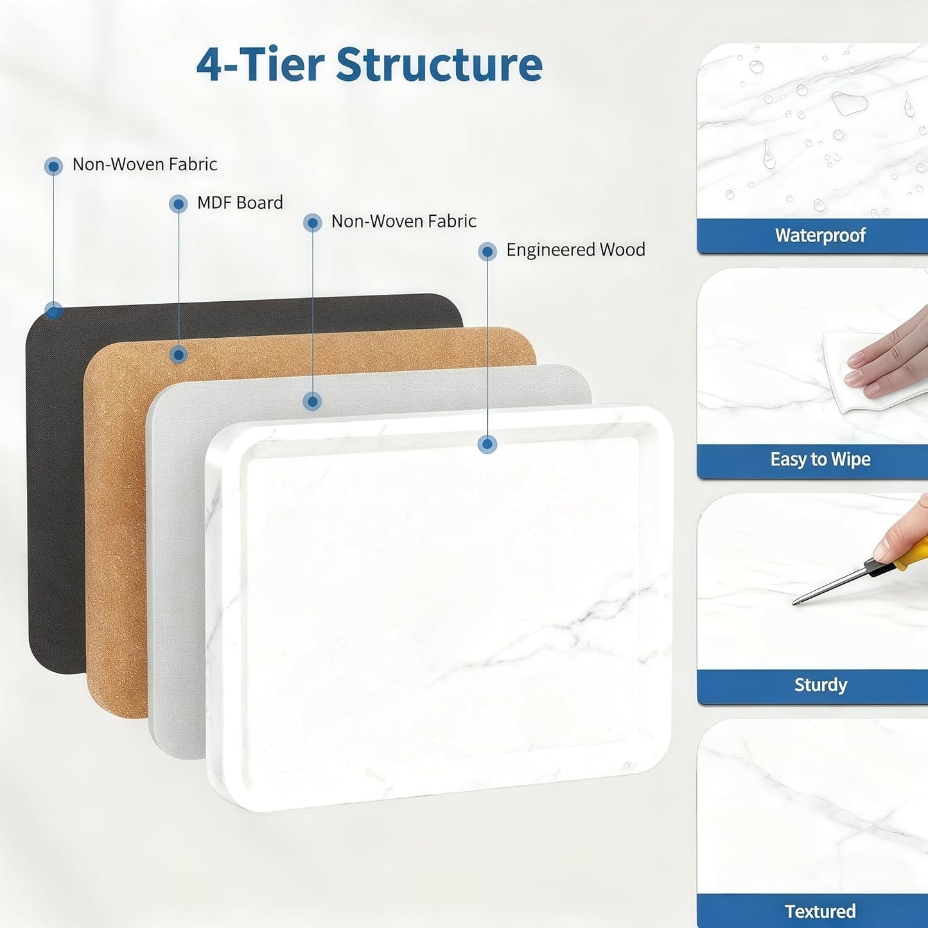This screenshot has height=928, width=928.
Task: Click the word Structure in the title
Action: (439, 64)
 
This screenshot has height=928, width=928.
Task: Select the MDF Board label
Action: (240, 203)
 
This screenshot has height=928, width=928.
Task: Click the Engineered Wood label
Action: (575, 250)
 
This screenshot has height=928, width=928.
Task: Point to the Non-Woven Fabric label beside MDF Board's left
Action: (144, 164)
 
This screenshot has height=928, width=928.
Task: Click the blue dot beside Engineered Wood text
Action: (487, 251)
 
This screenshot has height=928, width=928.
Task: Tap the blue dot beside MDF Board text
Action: (178, 204)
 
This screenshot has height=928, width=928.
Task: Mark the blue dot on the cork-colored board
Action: (179, 355)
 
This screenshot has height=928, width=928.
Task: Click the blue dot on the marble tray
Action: (487, 444)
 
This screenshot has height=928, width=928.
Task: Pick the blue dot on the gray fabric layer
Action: (313, 401)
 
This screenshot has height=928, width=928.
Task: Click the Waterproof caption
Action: (820, 236)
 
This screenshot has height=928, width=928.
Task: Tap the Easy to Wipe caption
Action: (820, 459)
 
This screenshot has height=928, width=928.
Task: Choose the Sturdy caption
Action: (820, 685)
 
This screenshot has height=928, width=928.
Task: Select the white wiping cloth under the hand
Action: (848, 376)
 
